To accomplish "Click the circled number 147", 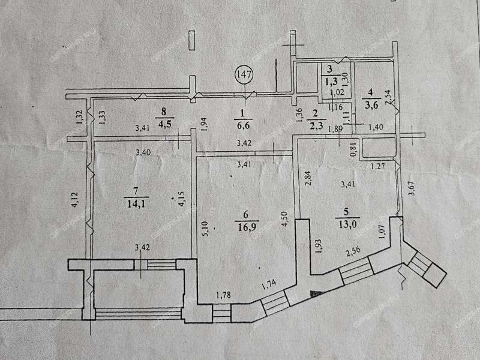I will pos(245,76).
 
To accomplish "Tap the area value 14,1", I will pos(136,203).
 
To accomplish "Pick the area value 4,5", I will pos(164,124).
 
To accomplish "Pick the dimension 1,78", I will pos(224,294).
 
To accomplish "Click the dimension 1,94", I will pos(204,124).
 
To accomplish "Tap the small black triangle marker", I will pos(316,293).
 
